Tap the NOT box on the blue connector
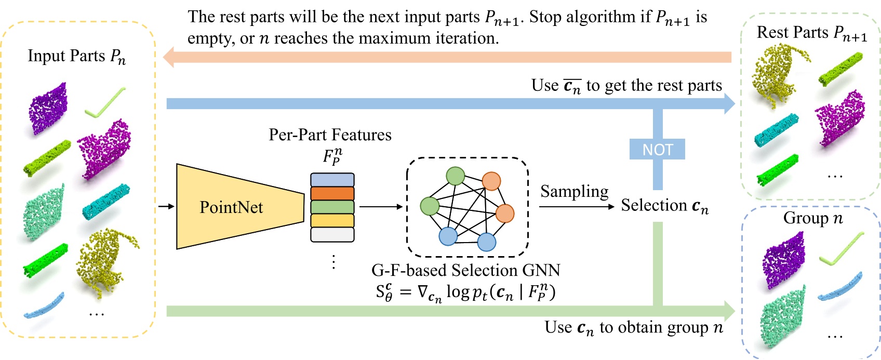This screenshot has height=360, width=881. click(x=657, y=150)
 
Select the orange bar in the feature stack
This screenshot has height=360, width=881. click(x=332, y=193)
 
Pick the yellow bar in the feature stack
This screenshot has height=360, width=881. click(x=332, y=221)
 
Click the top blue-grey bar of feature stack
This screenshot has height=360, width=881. click(x=332, y=180)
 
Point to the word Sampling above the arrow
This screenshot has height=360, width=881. click(x=574, y=191)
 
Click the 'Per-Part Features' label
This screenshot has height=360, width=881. click(x=330, y=135)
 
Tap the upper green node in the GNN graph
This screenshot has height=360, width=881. click(x=456, y=176)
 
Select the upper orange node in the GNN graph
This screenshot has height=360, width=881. click(x=491, y=181)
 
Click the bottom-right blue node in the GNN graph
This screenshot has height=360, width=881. click(x=486, y=242)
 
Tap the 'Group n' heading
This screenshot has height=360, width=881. click(x=812, y=218)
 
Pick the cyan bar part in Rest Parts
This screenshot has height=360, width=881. click(x=776, y=130)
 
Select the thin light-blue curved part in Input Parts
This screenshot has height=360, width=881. click(x=44, y=306)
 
